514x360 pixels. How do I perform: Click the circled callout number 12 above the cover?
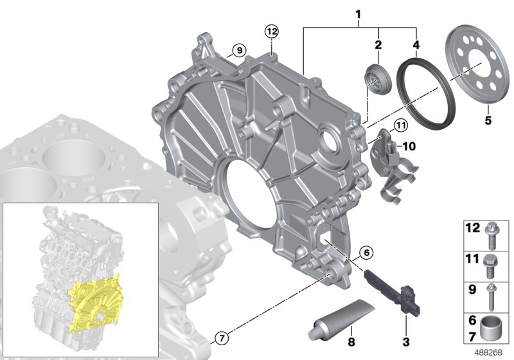[x=272, y=32]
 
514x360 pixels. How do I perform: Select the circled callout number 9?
[x=239, y=51]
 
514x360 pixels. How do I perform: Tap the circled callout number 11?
[x=400, y=125]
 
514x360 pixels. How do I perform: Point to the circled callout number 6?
[x=366, y=253]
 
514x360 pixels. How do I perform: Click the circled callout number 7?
[x=222, y=337]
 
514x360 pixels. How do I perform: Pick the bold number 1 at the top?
[x=358, y=14]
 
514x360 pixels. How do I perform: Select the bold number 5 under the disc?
[x=488, y=120]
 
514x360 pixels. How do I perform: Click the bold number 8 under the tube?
[x=351, y=342]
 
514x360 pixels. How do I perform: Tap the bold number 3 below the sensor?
[x=406, y=342]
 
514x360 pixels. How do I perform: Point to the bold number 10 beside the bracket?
[x=409, y=146]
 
